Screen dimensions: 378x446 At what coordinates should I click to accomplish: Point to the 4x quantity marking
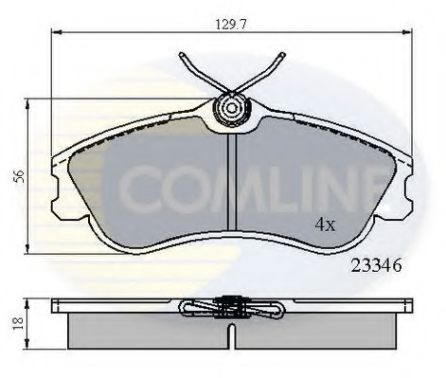[326, 225]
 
